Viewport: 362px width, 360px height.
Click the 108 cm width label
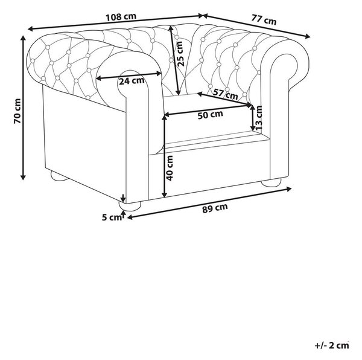(x=121, y=17)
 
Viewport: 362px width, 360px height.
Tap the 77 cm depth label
(x=264, y=19)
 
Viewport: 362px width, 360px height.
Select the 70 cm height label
(x=17, y=111)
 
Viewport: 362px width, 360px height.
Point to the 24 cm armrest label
(x=132, y=81)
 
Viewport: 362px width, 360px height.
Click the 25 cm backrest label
(x=180, y=54)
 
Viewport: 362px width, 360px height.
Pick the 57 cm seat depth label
(x=225, y=94)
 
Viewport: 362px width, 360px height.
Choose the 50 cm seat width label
(x=211, y=115)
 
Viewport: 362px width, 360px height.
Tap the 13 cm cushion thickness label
(x=259, y=118)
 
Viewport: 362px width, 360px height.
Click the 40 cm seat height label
(x=170, y=168)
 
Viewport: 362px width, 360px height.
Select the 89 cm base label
(x=215, y=208)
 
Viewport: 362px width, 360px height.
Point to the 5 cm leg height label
(x=112, y=217)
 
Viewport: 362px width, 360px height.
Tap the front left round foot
(x=130, y=206)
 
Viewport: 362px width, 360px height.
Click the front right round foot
(x=271, y=182)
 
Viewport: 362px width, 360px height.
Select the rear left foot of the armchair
(x=59, y=176)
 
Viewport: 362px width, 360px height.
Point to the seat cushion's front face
(x=215, y=144)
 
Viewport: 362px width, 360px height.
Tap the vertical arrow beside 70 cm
(x=23, y=108)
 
